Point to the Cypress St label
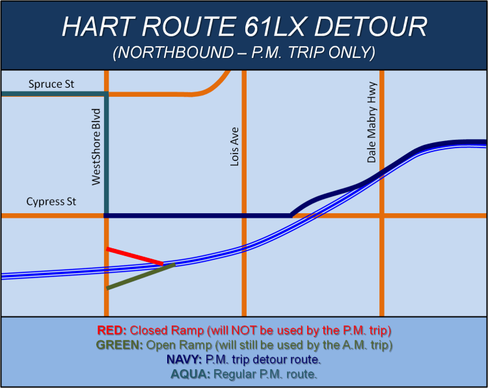tap(51, 202)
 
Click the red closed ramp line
tap(134, 256)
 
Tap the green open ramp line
tap(141, 276)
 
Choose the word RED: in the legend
tap(113, 329)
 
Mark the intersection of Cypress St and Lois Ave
tap(243, 215)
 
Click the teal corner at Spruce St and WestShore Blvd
tap(106, 94)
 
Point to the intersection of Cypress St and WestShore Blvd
tap(106, 215)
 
